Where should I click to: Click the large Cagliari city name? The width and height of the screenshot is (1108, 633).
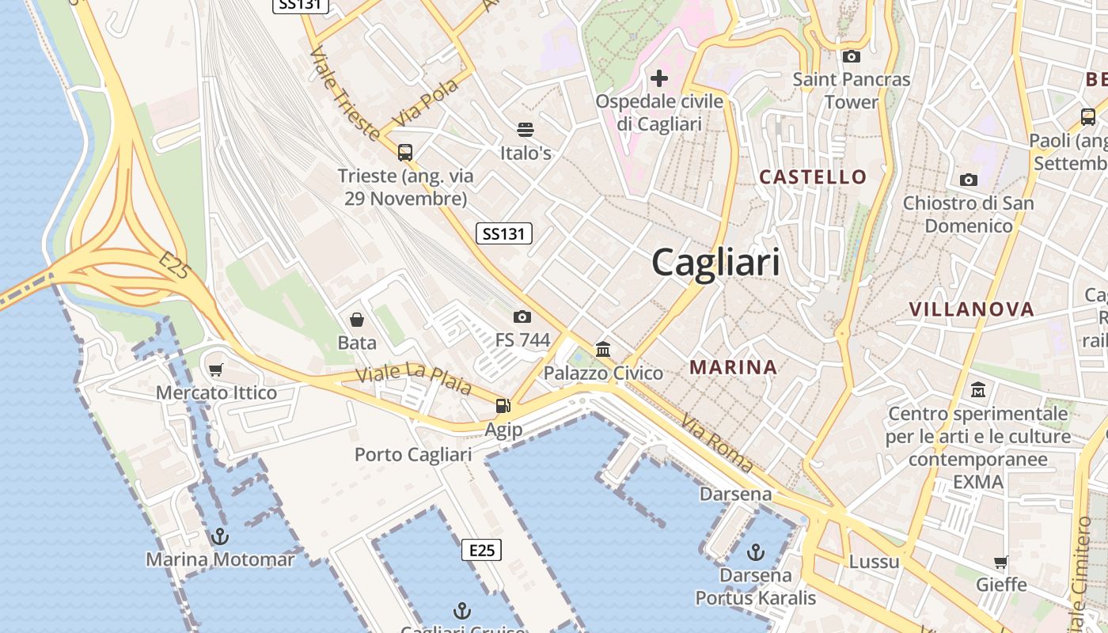point(715,263)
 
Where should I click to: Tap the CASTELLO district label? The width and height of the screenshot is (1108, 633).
point(813,176)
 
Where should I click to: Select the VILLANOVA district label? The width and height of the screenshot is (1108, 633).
point(971,309)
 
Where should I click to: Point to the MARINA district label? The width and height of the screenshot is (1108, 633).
point(733,367)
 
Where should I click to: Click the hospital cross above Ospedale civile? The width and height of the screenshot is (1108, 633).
point(658,78)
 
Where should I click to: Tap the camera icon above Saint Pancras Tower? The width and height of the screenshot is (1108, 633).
point(852,56)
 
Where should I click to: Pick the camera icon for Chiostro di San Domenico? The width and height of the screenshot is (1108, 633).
point(968,180)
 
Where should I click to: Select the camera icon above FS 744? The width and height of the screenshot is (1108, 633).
point(522,316)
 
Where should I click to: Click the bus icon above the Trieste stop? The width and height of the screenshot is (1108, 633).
point(405,152)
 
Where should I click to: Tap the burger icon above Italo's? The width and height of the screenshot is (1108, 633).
point(526,129)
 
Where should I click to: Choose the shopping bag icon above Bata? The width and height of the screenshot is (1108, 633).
point(357,319)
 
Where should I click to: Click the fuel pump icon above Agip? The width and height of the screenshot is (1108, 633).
point(503,406)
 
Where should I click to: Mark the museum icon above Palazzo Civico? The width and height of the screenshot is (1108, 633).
point(603,348)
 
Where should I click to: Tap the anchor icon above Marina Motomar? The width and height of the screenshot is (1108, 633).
point(220,536)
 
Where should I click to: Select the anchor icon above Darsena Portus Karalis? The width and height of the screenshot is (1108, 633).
point(756,551)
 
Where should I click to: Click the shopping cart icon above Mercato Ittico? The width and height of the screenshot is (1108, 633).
point(216,370)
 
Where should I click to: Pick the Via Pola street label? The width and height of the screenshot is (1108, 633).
point(426,102)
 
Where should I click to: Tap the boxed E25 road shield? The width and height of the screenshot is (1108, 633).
point(481,549)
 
